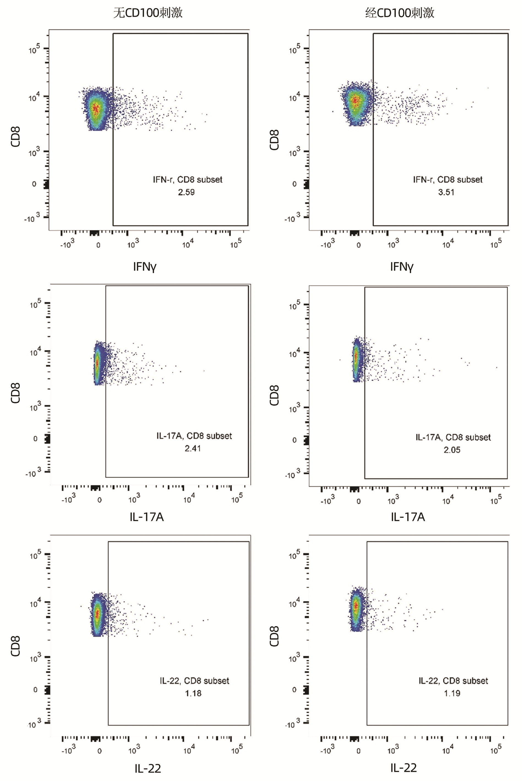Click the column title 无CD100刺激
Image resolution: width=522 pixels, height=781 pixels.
click(x=148, y=13)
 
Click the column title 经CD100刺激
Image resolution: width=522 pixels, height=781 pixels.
click(x=400, y=13)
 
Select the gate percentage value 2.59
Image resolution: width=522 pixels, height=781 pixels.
click(x=186, y=192)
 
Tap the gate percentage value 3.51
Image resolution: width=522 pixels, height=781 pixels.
click(x=446, y=192)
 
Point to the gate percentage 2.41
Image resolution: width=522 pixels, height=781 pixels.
click(x=193, y=448)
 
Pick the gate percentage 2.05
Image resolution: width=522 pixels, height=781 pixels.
click(x=452, y=450)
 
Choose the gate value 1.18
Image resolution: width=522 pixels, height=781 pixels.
click(x=193, y=693)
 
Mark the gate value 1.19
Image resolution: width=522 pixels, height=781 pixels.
click(x=452, y=693)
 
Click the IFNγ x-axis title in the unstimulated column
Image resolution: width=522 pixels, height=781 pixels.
click(x=144, y=267)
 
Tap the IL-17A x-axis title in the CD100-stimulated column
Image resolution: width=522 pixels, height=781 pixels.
click(x=408, y=517)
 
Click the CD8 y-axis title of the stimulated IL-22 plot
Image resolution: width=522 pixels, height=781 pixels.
click(x=274, y=636)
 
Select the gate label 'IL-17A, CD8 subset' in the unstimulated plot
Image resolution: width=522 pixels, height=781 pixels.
click(x=194, y=436)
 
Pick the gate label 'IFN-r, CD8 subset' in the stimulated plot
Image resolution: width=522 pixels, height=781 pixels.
click(x=447, y=180)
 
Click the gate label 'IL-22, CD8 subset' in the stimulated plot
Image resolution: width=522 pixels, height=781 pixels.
click(x=453, y=681)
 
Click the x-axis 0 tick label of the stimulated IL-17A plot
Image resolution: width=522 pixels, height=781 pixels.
click(x=358, y=501)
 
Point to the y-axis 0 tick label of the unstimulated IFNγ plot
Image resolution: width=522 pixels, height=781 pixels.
click(x=34, y=184)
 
